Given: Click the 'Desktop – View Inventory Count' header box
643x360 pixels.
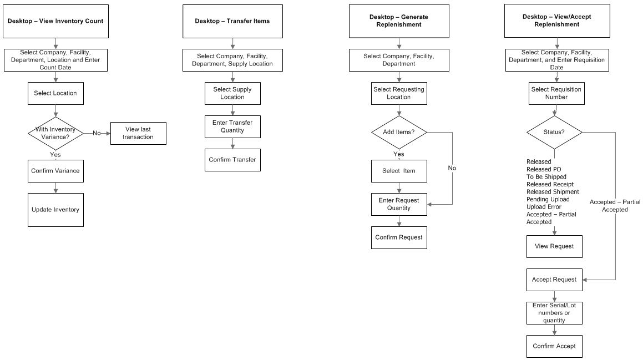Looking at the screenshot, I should pos(55,22).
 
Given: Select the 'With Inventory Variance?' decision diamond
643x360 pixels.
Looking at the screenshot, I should pos(55,133).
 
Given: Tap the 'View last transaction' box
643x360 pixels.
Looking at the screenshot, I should pos(138,133).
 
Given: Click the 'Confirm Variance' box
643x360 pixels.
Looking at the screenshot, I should pos(55,171).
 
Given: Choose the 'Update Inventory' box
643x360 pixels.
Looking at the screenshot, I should pos(55,210).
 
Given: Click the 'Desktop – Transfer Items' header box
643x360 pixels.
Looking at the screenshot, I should pos(232,22).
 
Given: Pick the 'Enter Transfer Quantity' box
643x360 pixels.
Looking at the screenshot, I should pos(232,126).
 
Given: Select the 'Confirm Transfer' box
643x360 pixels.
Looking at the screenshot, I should pos(232,160).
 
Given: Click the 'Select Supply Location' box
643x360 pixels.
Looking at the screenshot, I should pos(232,93).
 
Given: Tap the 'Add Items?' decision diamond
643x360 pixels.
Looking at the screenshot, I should pos(399,132).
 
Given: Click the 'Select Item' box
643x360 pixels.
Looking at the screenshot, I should pos(399,171).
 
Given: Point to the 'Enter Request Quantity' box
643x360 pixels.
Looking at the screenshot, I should pos(399,204).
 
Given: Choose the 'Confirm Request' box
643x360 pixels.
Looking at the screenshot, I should pos(399,237).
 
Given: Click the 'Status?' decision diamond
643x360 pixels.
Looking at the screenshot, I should pos(554,132).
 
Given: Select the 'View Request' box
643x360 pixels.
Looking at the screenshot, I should pos(554,246).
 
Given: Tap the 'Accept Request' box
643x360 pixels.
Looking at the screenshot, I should pos(554,280).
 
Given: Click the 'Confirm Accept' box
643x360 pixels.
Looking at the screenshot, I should pos(554,346).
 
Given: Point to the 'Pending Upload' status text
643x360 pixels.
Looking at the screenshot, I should pos(548,199).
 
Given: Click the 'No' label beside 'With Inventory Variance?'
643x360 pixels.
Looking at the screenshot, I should pos(97,133).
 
